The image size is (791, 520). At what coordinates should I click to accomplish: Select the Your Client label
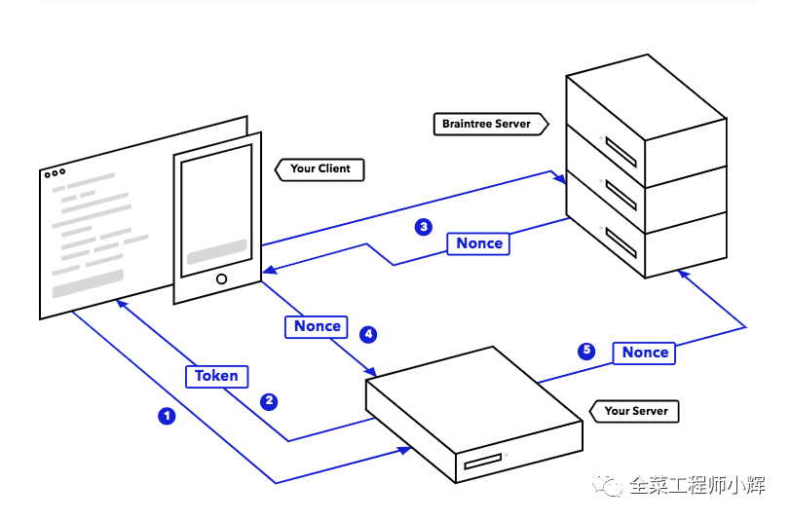tap(320, 169)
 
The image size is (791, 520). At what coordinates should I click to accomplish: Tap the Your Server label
tap(634, 411)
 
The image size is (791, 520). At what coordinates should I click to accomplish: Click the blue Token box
tap(217, 376)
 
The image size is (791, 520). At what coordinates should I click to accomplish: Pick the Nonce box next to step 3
tap(478, 243)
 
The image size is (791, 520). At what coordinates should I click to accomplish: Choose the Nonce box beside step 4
tap(317, 326)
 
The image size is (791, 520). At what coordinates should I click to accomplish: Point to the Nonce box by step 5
tap(644, 353)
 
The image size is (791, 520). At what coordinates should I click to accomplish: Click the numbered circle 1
tap(167, 416)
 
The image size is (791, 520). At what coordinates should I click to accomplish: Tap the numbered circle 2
tap(269, 401)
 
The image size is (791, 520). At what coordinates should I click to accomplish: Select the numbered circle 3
tap(424, 227)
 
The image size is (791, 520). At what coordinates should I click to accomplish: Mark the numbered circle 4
tap(368, 334)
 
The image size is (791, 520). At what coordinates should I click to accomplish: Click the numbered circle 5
tap(586, 351)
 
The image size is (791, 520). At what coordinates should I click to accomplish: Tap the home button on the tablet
tap(221, 279)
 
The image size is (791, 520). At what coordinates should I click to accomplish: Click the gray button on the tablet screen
tap(217, 251)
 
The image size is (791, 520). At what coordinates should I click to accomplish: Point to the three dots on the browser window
tap(55, 173)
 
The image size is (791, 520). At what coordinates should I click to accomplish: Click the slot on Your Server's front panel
tap(483, 461)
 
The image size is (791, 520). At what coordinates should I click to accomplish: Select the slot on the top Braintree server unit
tap(621, 152)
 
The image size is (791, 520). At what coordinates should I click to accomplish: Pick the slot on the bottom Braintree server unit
tap(621, 242)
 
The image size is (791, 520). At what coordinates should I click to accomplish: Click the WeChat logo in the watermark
tap(608, 485)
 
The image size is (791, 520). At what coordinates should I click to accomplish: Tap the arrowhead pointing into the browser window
tap(122, 304)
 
